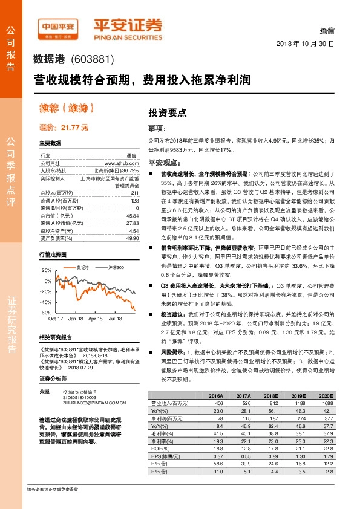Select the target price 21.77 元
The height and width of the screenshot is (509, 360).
(x=64, y=128)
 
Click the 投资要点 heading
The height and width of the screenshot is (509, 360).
(x=167, y=112)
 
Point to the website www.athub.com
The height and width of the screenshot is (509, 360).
(x=122, y=163)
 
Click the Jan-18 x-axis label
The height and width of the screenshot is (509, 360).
(x=76, y=318)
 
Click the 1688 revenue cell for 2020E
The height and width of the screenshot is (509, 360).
(x=327, y=403)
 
